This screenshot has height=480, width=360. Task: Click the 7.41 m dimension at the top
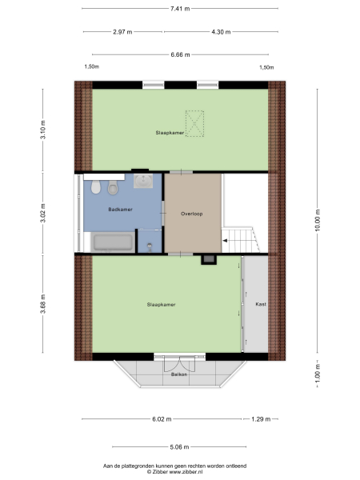click(x=179, y=9)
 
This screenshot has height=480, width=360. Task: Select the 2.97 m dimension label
click(x=122, y=32)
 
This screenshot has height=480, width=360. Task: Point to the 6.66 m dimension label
click(x=181, y=54)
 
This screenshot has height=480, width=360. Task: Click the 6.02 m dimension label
click(x=162, y=418)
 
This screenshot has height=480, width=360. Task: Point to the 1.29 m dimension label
click(x=261, y=418)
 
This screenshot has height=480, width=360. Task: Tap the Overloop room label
click(x=192, y=214)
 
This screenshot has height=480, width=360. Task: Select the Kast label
click(x=260, y=305)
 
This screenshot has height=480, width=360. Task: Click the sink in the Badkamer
click(x=145, y=182)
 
